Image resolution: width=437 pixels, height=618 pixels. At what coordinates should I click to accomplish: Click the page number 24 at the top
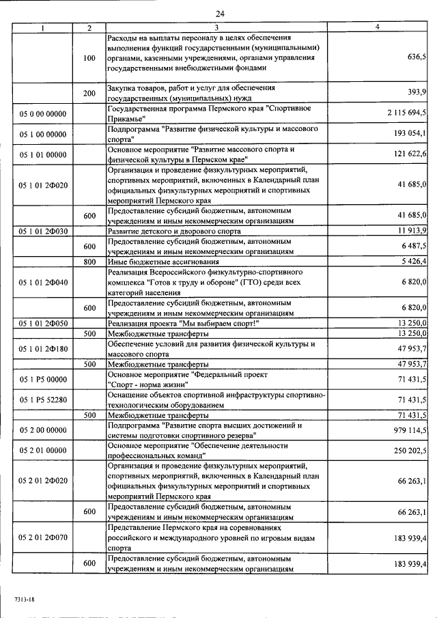220,13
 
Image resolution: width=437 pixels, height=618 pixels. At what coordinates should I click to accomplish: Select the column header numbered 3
216,27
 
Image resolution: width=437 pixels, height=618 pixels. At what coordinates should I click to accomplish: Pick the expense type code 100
89,59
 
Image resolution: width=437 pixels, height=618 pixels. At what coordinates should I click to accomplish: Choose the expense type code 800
89,262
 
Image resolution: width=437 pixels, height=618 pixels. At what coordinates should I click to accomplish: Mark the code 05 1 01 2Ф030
43,231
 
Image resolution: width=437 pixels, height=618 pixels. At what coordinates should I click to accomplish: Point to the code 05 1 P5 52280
43,399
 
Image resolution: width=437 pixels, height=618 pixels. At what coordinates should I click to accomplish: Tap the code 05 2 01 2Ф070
43,537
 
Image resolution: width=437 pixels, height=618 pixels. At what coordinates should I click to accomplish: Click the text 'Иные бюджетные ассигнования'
163,262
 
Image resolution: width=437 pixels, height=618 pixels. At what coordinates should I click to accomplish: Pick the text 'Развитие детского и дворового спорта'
174,231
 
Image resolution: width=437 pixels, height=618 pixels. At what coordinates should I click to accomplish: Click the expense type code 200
89,93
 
